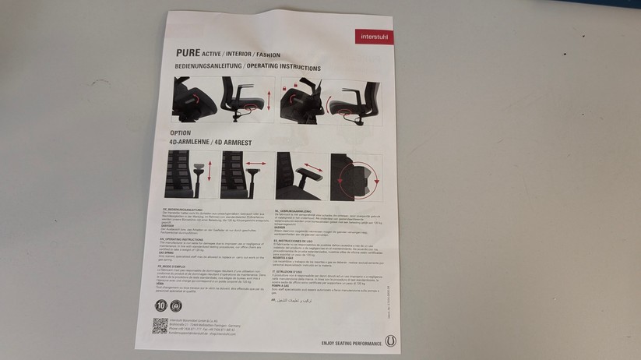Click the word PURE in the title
pyautogui.click(x=188, y=54)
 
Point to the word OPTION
pyautogui.click(x=180, y=133)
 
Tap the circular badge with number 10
pyautogui.click(x=162, y=305)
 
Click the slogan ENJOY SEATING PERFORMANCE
pyautogui.click(x=350, y=342)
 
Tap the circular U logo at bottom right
pyautogui.click(x=390, y=341)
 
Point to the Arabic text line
pyautogui.click(x=300, y=300)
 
